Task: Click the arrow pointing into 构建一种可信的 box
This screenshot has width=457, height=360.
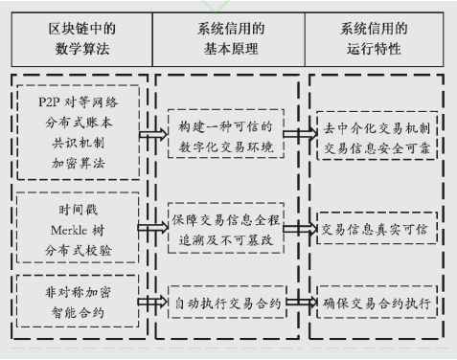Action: pos(150,135)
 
